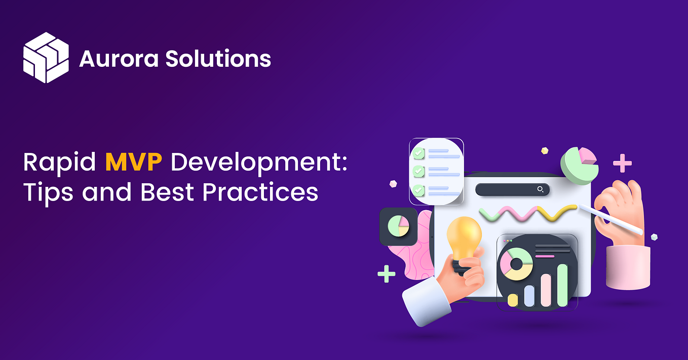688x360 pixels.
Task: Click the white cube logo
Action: point(46,57)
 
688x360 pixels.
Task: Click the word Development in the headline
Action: point(258,164)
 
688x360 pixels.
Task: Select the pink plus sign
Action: point(622,164)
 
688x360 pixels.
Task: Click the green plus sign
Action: point(387,274)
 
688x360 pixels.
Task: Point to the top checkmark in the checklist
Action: point(418,153)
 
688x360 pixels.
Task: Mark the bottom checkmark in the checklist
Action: point(418,190)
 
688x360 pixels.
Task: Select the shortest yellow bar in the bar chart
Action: point(513,300)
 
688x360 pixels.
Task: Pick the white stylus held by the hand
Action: point(610,219)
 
